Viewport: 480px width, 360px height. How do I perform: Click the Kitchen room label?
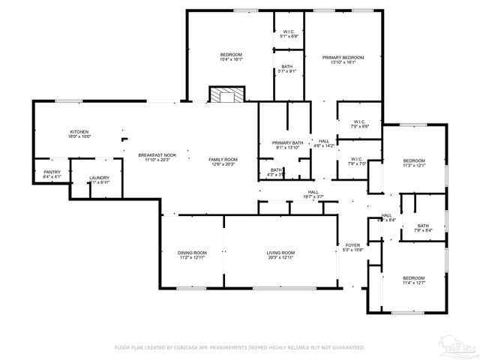click(x=79, y=131)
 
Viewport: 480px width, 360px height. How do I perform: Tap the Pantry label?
click(x=52, y=172)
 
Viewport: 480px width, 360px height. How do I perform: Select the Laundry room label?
click(x=99, y=178)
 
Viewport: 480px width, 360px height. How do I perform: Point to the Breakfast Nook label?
click(x=154, y=154)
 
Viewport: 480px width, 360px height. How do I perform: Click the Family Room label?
click(x=223, y=159)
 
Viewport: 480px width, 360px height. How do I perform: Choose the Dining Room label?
click(x=192, y=253)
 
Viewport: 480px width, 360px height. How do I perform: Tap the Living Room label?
click(x=280, y=253)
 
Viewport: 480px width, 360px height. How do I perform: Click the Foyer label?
click(x=352, y=245)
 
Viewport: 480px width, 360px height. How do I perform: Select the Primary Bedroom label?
click(x=343, y=58)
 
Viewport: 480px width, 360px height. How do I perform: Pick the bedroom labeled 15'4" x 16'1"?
click(x=231, y=55)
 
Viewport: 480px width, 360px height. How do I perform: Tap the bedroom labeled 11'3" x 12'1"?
click(x=414, y=161)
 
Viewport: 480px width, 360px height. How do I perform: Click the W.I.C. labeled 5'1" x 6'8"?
click(x=289, y=31)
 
